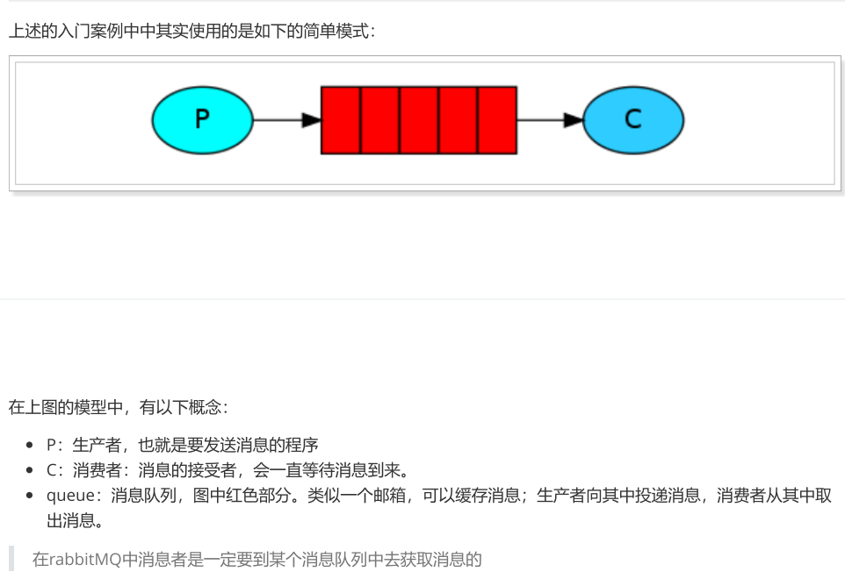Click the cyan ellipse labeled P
202,119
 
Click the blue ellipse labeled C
633,119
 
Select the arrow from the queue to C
550,120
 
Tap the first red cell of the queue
341,120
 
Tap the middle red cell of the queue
419,120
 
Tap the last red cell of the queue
497,120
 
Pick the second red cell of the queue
380,120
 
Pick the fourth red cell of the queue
459,120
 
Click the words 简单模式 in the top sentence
339,32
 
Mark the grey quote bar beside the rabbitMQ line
12,559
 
